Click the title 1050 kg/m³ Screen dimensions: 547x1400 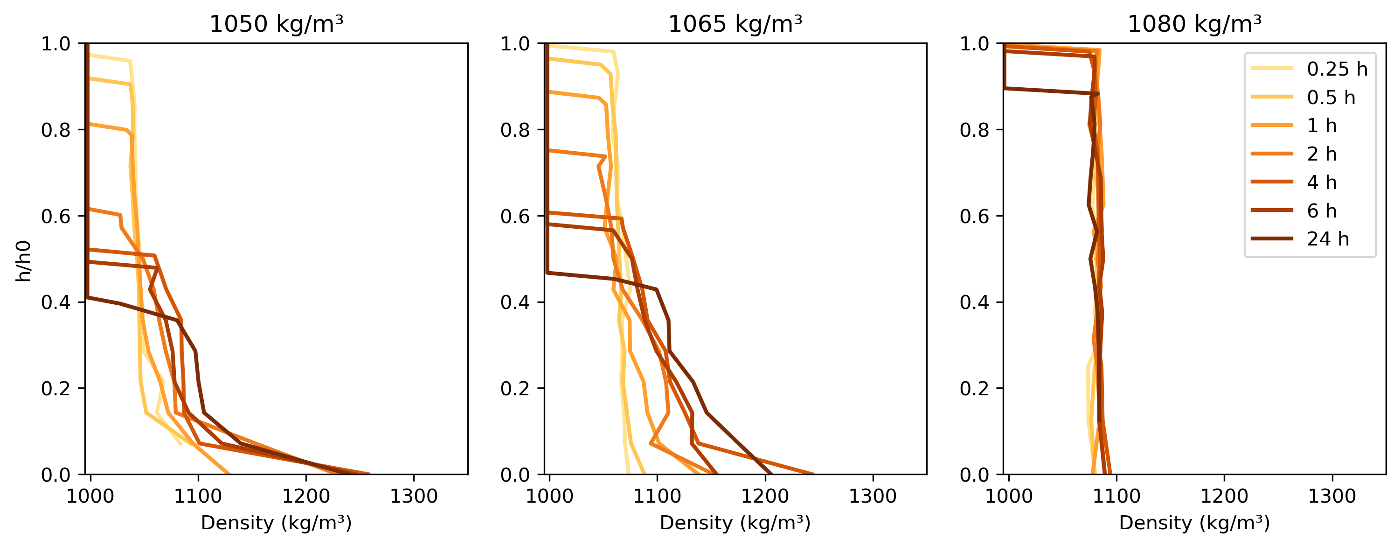[276, 24]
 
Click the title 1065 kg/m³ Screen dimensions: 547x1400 [735, 24]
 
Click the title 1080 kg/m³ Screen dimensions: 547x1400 [1194, 24]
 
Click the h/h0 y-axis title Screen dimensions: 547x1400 [23, 261]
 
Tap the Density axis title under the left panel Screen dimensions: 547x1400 [276, 523]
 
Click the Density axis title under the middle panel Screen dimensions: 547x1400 [735, 523]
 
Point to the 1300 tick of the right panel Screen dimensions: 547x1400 [1332, 496]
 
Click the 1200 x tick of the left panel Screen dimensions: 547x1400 [306, 496]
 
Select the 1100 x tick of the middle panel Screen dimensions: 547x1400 [657, 496]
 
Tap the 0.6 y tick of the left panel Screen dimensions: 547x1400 [55, 216]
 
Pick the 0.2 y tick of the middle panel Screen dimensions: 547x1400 [515, 388]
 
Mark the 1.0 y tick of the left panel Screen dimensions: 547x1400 [55, 43]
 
